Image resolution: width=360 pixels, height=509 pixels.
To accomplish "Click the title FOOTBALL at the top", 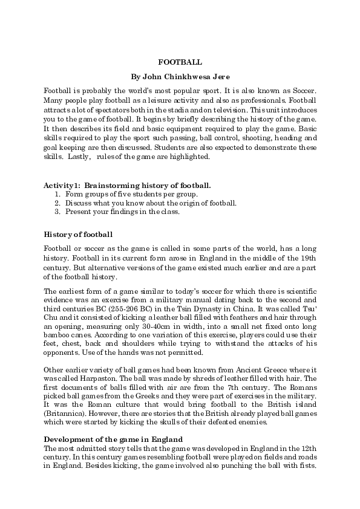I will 180,62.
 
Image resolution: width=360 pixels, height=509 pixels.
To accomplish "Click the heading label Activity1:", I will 62,184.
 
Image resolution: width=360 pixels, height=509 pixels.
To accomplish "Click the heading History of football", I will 77,234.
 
